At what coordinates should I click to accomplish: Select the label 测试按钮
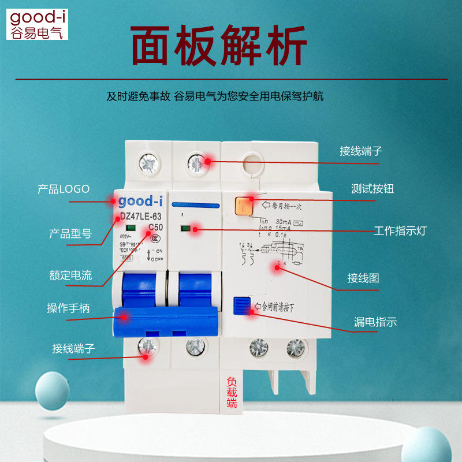click(x=372, y=188)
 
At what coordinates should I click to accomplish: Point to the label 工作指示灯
click(x=400, y=231)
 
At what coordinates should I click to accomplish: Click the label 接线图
click(x=363, y=278)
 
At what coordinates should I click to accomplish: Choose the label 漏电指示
click(x=375, y=322)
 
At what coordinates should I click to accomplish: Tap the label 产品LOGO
click(x=64, y=188)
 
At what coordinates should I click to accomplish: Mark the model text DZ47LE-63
click(x=140, y=217)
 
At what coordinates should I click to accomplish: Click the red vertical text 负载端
click(x=232, y=392)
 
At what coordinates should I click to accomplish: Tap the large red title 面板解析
click(x=218, y=45)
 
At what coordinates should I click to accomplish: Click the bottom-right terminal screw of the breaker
click(x=296, y=348)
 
